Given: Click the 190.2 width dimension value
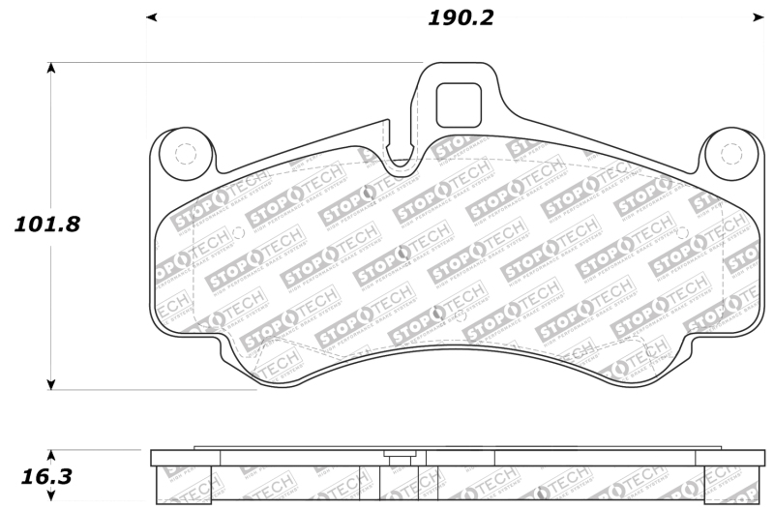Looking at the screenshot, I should tap(461, 18).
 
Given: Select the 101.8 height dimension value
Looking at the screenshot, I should tap(46, 225).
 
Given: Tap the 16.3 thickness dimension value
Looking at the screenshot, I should tap(46, 477).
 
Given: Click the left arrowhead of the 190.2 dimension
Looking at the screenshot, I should tap(151, 17).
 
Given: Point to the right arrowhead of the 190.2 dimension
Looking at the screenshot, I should tap(759, 17).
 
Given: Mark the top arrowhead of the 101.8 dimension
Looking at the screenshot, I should tap(51, 69).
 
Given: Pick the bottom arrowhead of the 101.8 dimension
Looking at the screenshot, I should tap(51, 384).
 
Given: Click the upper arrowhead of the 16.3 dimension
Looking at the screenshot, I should tap(51, 455).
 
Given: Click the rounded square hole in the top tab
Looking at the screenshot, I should tap(459, 105).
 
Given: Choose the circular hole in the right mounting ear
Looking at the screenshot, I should tap(731, 153).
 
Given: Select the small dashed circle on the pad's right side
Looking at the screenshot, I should tap(683, 232).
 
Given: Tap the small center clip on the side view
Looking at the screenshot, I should tap(399, 455).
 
